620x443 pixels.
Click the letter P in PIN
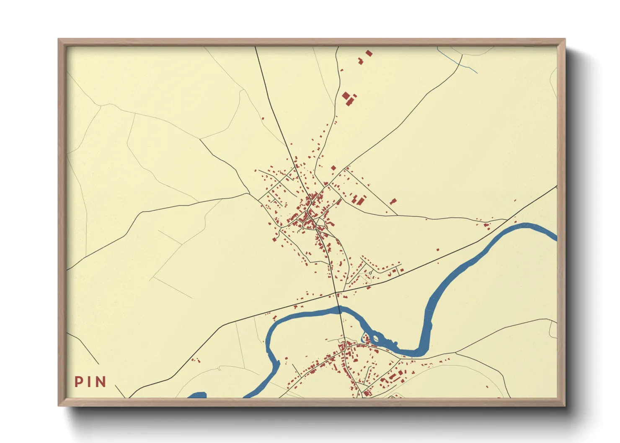pyautogui.click(x=78, y=381)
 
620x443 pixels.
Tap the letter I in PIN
pyautogui.click(x=88, y=381)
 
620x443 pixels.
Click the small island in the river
pyautogui.click(x=375, y=338)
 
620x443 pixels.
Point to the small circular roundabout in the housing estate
pyautogui.click(x=371, y=273)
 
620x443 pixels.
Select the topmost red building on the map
pyautogui.click(x=369, y=53)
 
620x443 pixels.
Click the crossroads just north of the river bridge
pyautogui.click(x=336, y=292)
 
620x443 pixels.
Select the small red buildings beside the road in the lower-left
pyautogui.click(x=195, y=360)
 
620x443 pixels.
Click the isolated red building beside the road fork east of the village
pyautogui.click(x=393, y=201)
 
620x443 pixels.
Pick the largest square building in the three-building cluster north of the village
pyautogui.click(x=346, y=96)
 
